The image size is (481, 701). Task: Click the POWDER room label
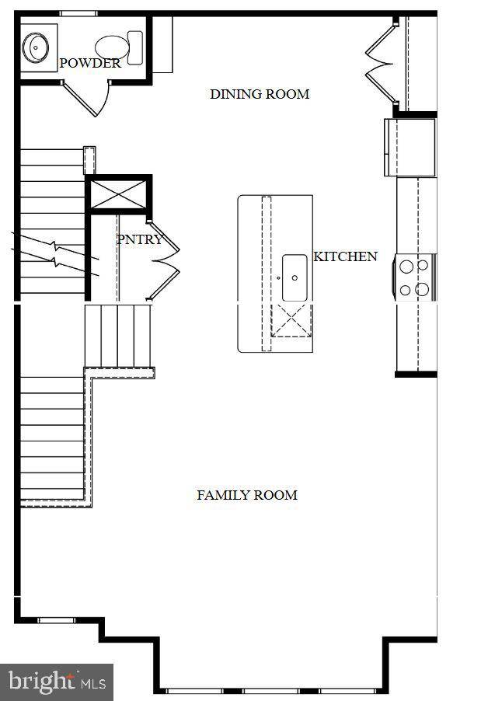(x=90, y=64)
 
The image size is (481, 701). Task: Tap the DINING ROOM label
(x=260, y=94)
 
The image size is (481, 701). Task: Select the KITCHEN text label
(x=345, y=256)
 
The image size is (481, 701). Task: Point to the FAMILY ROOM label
(x=246, y=495)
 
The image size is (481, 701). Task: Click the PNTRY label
(x=140, y=239)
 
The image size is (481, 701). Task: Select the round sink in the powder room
(x=37, y=47)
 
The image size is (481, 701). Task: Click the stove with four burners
(x=415, y=277)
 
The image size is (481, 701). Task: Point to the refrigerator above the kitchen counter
(x=410, y=147)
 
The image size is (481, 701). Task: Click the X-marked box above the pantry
(x=118, y=194)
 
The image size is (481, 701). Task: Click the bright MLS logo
(x=56, y=682)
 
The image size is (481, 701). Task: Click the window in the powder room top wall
(x=78, y=13)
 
